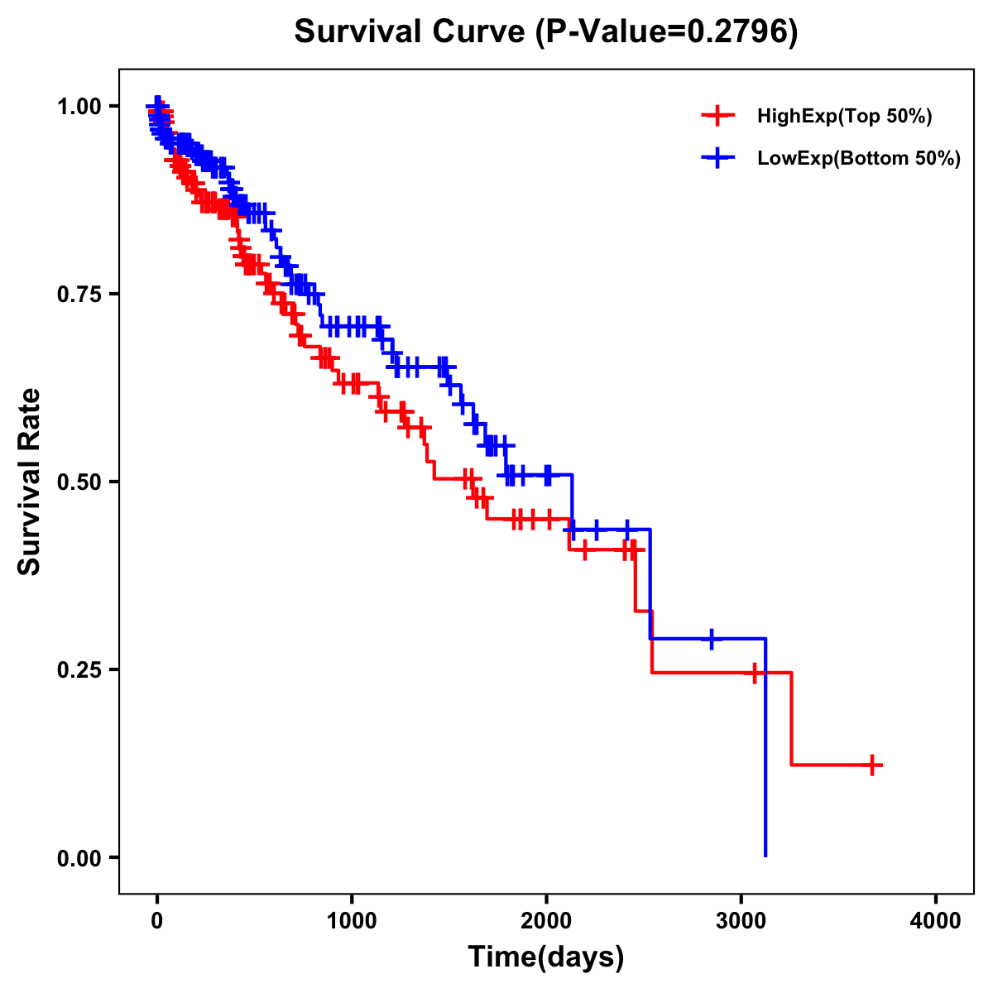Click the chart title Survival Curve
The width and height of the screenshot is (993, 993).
pos(410,32)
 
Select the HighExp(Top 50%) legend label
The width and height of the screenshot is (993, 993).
pos(844,117)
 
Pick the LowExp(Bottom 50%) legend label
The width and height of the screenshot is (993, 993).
pos(859,159)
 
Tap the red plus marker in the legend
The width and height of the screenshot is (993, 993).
pos(717,117)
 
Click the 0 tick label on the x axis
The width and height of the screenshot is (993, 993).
pos(157,921)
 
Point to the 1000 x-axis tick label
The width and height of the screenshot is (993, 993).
pos(352,921)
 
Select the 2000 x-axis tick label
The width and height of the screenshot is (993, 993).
pos(546,921)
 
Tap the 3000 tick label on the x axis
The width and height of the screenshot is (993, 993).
pos(741,921)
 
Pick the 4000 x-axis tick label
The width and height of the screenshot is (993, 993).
pos(936,921)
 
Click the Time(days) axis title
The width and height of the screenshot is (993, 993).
pos(546,957)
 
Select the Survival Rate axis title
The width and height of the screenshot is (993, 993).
pos(30,482)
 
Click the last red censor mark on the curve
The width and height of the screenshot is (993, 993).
pos(872,765)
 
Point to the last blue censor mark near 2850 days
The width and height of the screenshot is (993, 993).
pos(712,639)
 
